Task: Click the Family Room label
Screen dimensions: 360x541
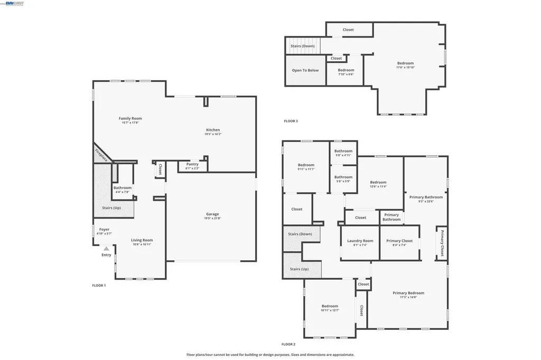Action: point(130,118)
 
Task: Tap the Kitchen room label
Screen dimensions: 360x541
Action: point(212,130)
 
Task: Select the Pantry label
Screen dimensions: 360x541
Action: point(192,164)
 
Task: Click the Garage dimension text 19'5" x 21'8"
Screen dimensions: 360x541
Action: point(212,218)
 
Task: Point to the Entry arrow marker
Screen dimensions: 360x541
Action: point(107,248)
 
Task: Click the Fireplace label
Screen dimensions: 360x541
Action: point(101,155)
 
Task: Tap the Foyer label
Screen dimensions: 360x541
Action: point(105,230)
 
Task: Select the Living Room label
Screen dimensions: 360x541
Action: point(142,240)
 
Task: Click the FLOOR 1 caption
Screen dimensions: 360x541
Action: point(99,286)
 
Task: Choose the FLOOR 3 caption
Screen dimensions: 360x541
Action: point(291,121)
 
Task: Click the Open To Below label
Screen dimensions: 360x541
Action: point(305,70)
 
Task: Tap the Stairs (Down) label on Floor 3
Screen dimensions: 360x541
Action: point(303,46)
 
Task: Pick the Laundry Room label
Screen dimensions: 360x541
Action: point(360,241)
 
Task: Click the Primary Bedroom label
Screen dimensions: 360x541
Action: point(408,293)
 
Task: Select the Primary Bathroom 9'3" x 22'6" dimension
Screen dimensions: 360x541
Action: point(426,201)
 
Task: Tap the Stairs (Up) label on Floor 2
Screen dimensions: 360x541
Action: point(299,269)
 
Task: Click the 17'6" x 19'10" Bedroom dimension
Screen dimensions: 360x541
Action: point(405,68)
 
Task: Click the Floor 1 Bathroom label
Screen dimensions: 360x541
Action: point(122,188)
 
